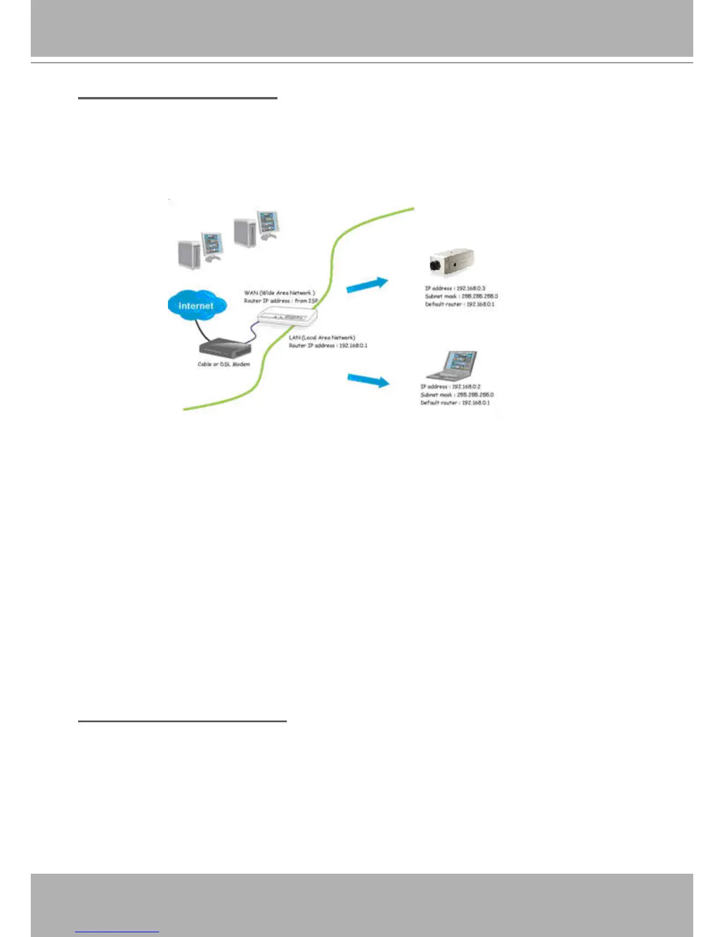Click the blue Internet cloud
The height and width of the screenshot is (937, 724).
(x=195, y=305)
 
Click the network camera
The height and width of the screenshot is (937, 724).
(x=452, y=261)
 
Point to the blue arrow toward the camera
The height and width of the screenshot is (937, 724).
(x=367, y=285)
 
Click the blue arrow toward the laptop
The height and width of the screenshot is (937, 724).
(x=368, y=380)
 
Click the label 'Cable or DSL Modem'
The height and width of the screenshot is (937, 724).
(x=224, y=364)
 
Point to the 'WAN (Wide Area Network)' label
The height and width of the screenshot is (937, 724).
(x=279, y=293)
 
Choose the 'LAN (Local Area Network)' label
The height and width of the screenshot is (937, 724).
(x=322, y=338)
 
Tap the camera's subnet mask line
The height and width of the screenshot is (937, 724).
(x=461, y=296)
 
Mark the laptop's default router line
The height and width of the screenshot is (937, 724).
(x=455, y=403)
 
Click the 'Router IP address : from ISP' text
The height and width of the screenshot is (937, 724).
(x=280, y=301)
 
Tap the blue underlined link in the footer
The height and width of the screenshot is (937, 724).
(x=117, y=932)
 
